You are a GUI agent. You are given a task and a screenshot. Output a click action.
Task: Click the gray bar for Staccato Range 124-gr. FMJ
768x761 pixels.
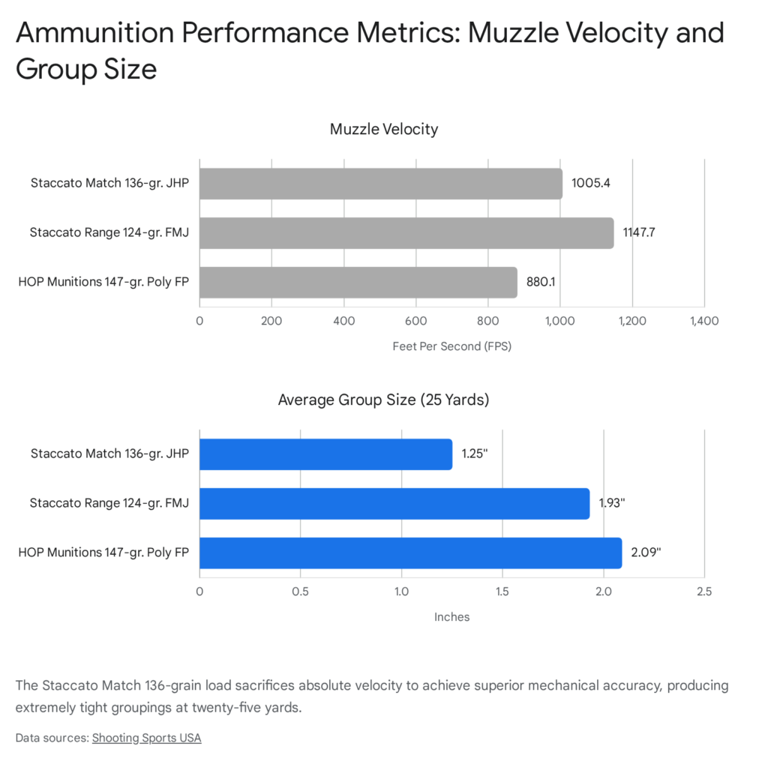coord(406,233)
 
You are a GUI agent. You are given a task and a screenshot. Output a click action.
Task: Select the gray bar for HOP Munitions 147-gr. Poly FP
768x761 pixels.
coord(358,283)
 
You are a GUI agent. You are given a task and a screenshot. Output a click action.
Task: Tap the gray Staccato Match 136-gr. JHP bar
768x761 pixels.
coord(380,184)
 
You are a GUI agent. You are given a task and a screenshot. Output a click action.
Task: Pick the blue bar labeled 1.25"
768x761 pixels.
coord(325,454)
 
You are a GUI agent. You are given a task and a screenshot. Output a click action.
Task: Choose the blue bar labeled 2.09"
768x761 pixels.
coord(410,553)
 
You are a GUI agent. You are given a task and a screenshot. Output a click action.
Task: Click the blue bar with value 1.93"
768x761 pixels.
coord(394,504)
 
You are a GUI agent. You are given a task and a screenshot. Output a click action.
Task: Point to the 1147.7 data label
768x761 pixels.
coord(639,233)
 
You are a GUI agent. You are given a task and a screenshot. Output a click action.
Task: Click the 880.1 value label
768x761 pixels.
coord(541,283)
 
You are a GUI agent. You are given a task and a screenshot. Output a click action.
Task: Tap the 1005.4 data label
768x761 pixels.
coord(590,184)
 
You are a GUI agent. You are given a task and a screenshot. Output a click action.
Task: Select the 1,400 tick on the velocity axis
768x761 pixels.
coord(703,321)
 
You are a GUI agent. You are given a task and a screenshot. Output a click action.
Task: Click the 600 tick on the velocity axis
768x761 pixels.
coord(416,321)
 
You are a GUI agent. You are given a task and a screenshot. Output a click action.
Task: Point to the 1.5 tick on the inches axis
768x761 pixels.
coord(502,592)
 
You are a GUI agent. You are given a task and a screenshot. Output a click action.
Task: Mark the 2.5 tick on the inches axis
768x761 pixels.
coord(703,592)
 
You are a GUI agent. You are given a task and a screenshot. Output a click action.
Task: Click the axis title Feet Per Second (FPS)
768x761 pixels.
coord(451,346)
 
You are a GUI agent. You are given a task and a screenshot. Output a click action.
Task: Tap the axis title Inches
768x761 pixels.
coord(451,617)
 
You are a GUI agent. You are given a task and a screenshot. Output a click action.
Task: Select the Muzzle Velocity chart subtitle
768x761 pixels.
coord(384,129)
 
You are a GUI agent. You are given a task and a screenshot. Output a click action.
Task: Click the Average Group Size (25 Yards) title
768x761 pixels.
coord(383,400)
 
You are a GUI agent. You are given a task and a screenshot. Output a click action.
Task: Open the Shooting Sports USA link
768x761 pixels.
coord(146,738)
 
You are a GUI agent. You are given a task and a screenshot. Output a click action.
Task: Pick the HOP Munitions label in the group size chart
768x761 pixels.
coord(103,553)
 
